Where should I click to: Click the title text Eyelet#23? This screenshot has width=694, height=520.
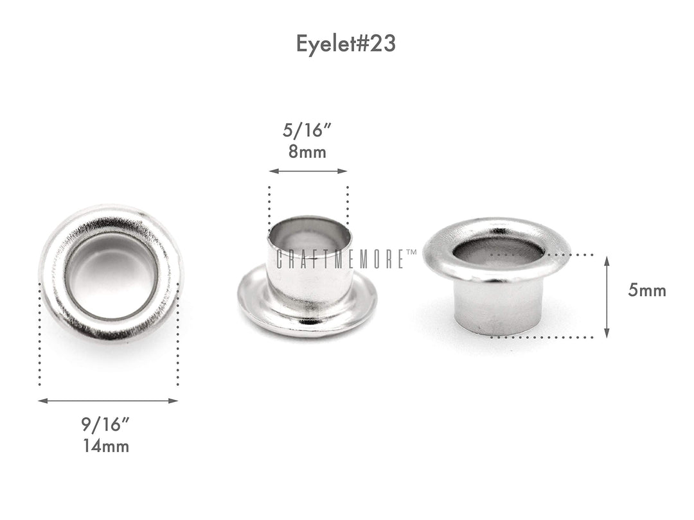click(x=346, y=43)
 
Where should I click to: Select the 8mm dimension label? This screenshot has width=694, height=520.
click(x=308, y=153)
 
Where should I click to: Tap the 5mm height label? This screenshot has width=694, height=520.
click(x=647, y=291)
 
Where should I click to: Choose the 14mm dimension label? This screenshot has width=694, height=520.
click(x=106, y=446)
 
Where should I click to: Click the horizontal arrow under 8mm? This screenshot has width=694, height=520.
click(x=308, y=171)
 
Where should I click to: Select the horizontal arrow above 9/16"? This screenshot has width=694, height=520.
click(x=108, y=401)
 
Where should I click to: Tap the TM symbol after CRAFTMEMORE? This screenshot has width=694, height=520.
click(x=411, y=253)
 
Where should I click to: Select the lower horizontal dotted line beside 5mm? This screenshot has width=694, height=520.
click(x=546, y=336)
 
